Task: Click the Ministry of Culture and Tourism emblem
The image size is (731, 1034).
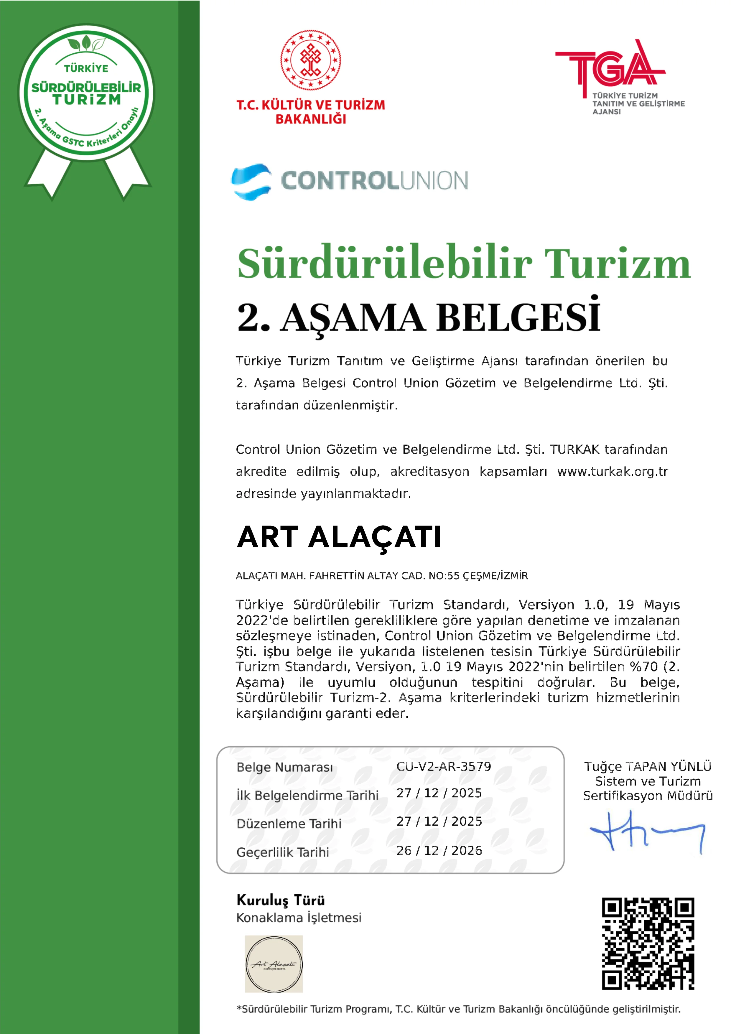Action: point(311,60)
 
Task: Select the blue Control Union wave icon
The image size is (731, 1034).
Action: point(251,182)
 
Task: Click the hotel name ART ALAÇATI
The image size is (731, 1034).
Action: point(339,537)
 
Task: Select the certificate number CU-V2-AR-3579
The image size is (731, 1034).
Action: point(443,766)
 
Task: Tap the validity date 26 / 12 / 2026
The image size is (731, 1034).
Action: point(439,850)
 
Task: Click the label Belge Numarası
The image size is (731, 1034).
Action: point(285,767)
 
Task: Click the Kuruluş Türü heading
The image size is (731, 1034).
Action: point(281,900)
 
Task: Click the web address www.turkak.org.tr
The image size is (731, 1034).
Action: point(613,472)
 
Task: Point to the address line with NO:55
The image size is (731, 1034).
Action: point(381,576)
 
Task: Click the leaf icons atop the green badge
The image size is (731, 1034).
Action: point(86,44)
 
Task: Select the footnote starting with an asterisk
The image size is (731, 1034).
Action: point(458,1009)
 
